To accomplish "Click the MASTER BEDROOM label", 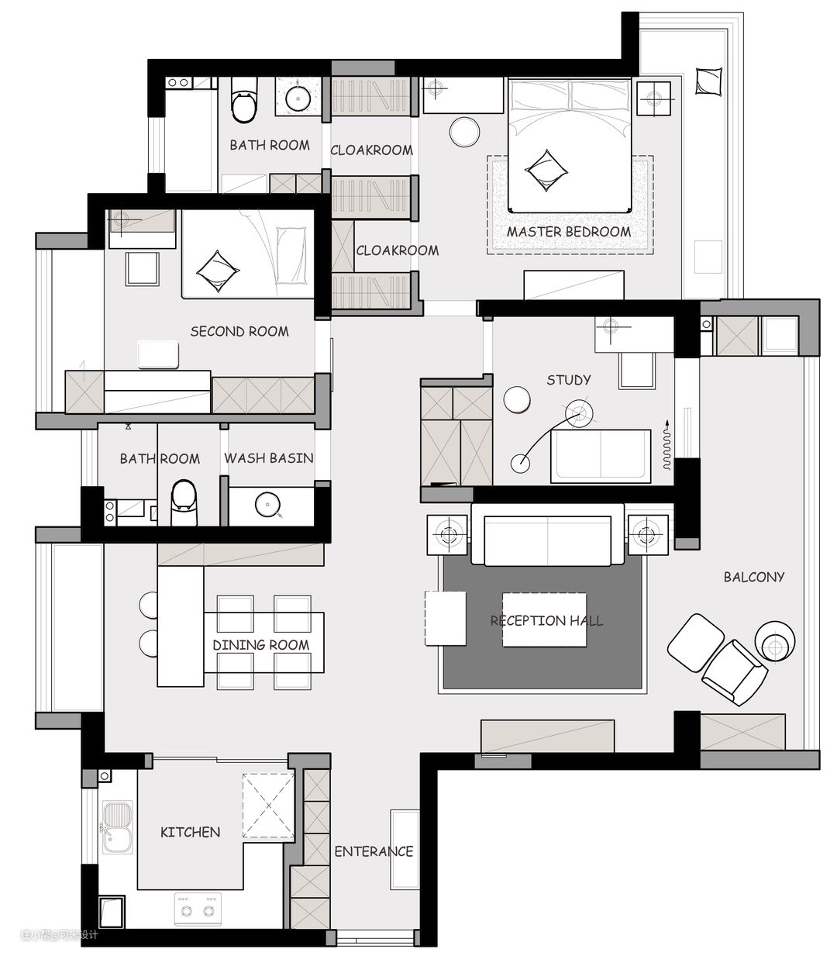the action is click(568, 232).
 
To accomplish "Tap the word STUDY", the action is click(568, 380).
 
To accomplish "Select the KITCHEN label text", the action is click(190, 832).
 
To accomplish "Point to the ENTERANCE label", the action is click(374, 851).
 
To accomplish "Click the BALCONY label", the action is click(754, 577).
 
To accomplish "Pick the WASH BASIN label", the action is click(268, 458).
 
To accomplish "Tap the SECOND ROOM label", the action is click(239, 331).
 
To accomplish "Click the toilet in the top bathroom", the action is click(244, 99).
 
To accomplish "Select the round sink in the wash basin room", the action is click(267, 505).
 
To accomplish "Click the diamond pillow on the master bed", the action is click(546, 171).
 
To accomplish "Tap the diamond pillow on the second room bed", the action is click(217, 271).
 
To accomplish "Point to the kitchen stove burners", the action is click(198, 910).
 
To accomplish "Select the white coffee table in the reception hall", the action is click(544, 620).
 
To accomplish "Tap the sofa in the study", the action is click(601, 456).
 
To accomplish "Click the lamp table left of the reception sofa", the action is click(447, 535).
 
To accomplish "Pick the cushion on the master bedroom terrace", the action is click(708, 82).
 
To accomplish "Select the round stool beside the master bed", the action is click(464, 131).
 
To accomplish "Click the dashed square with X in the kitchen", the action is click(269, 806).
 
